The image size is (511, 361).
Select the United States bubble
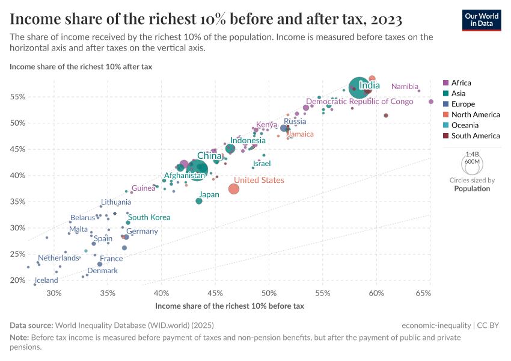[x=234, y=189]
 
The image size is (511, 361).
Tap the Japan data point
[x=199, y=201]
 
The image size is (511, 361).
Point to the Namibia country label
[x=404, y=87]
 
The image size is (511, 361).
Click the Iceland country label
[x=46, y=280]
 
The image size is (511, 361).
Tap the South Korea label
[x=149, y=217]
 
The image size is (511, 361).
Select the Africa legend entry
[x=461, y=82]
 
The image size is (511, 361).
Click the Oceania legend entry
[x=465, y=125]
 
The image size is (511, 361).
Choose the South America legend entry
[x=475, y=136]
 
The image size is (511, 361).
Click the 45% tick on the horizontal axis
[x=215, y=294]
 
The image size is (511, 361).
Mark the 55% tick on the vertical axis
[x=17, y=97]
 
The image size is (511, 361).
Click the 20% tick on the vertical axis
[x=17, y=280]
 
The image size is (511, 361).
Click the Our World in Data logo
[x=482, y=20]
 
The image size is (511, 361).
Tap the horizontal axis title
[x=230, y=306]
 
